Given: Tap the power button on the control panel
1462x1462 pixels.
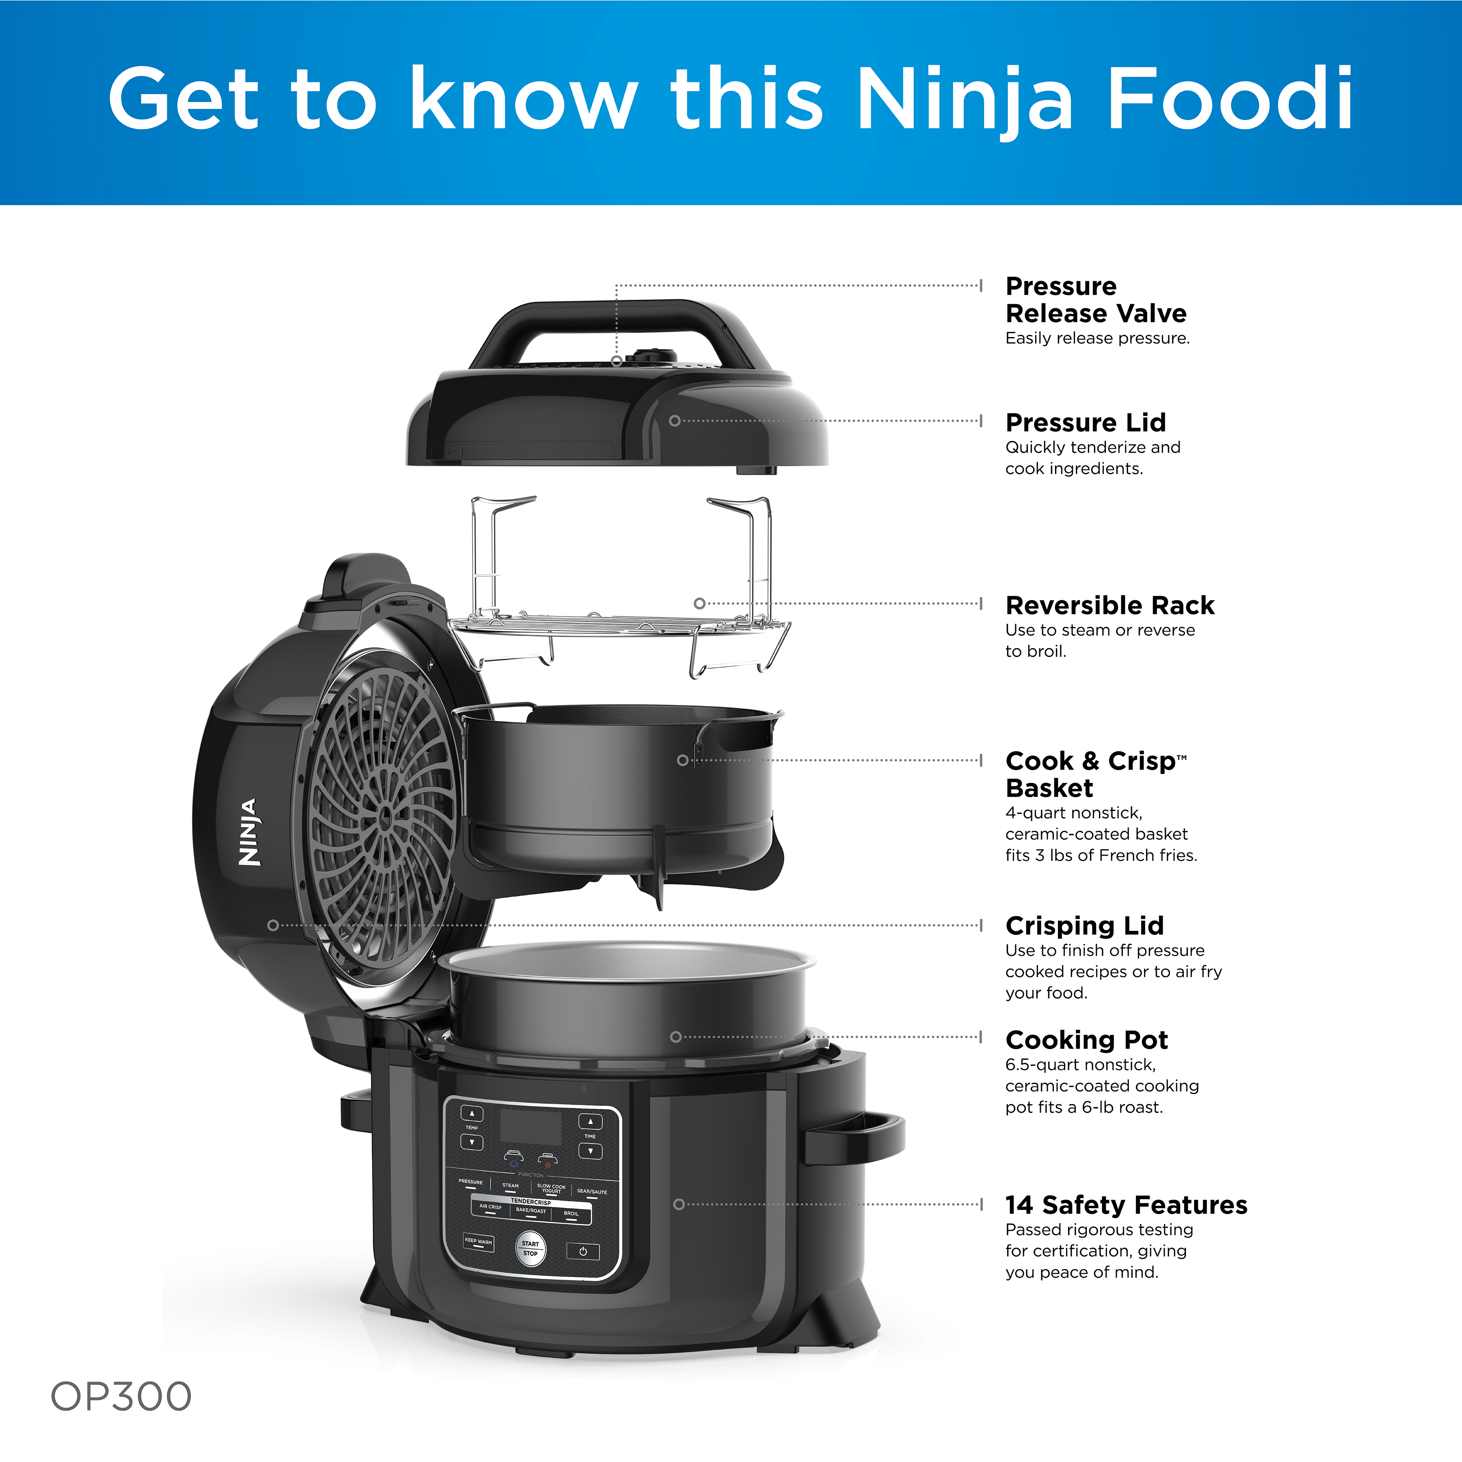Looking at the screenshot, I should pyautogui.click(x=583, y=1252).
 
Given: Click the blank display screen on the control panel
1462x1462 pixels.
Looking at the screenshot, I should pyautogui.click(x=530, y=1127).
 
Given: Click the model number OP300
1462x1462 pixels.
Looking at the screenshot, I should pyautogui.click(x=121, y=1396).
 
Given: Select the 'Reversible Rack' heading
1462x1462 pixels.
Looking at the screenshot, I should pyautogui.click(x=1109, y=606).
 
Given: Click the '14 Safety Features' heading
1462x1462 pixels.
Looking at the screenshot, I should pyautogui.click(x=1126, y=1205).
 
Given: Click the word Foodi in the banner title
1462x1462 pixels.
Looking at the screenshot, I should pyautogui.click(x=1230, y=98).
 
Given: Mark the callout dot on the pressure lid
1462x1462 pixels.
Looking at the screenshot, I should pyautogui.click(x=674, y=421).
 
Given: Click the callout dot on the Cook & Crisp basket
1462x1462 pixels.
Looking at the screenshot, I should pyautogui.click(x=683, y=760).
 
